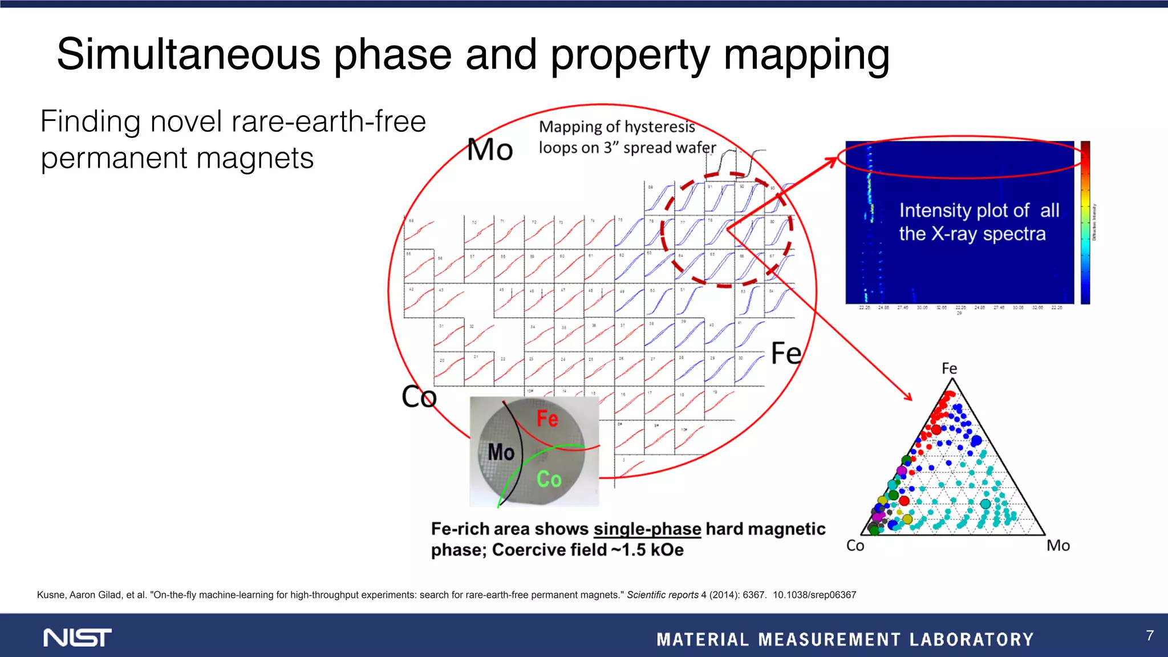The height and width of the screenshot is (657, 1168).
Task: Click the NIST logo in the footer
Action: click(x=78, y=638)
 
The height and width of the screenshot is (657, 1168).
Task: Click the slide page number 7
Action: click(x=1150, y=635)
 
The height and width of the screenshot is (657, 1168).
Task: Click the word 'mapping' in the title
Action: click(x=806, y=55)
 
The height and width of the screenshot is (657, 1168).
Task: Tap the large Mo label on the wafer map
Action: click(x=490, y=150)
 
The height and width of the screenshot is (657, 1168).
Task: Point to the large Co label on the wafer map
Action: click(x=419, y=397)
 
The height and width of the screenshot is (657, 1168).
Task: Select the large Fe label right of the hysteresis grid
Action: click(x=786, y=354)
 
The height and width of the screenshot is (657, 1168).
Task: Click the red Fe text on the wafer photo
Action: click(x=547, y=419)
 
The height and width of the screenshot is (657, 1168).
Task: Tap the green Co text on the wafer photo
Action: click(x=549, y=479)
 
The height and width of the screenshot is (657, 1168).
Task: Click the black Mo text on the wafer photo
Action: click(x=501, y=452)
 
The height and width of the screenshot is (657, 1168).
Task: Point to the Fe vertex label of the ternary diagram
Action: click(x=949, y=368)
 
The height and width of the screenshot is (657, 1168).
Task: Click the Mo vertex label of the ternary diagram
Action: click(x=1058, y=546)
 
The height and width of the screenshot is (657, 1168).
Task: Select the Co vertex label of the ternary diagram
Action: click(x=855, y=546)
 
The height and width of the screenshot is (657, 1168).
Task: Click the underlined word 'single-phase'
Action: click(x=647, y=529)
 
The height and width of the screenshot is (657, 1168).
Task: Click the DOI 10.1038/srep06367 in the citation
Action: click(x=814, y=595)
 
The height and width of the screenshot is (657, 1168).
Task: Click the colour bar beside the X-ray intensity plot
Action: click(x=1085, y=222)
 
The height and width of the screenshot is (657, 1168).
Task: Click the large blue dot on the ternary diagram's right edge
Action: click(x=976, y=440)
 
